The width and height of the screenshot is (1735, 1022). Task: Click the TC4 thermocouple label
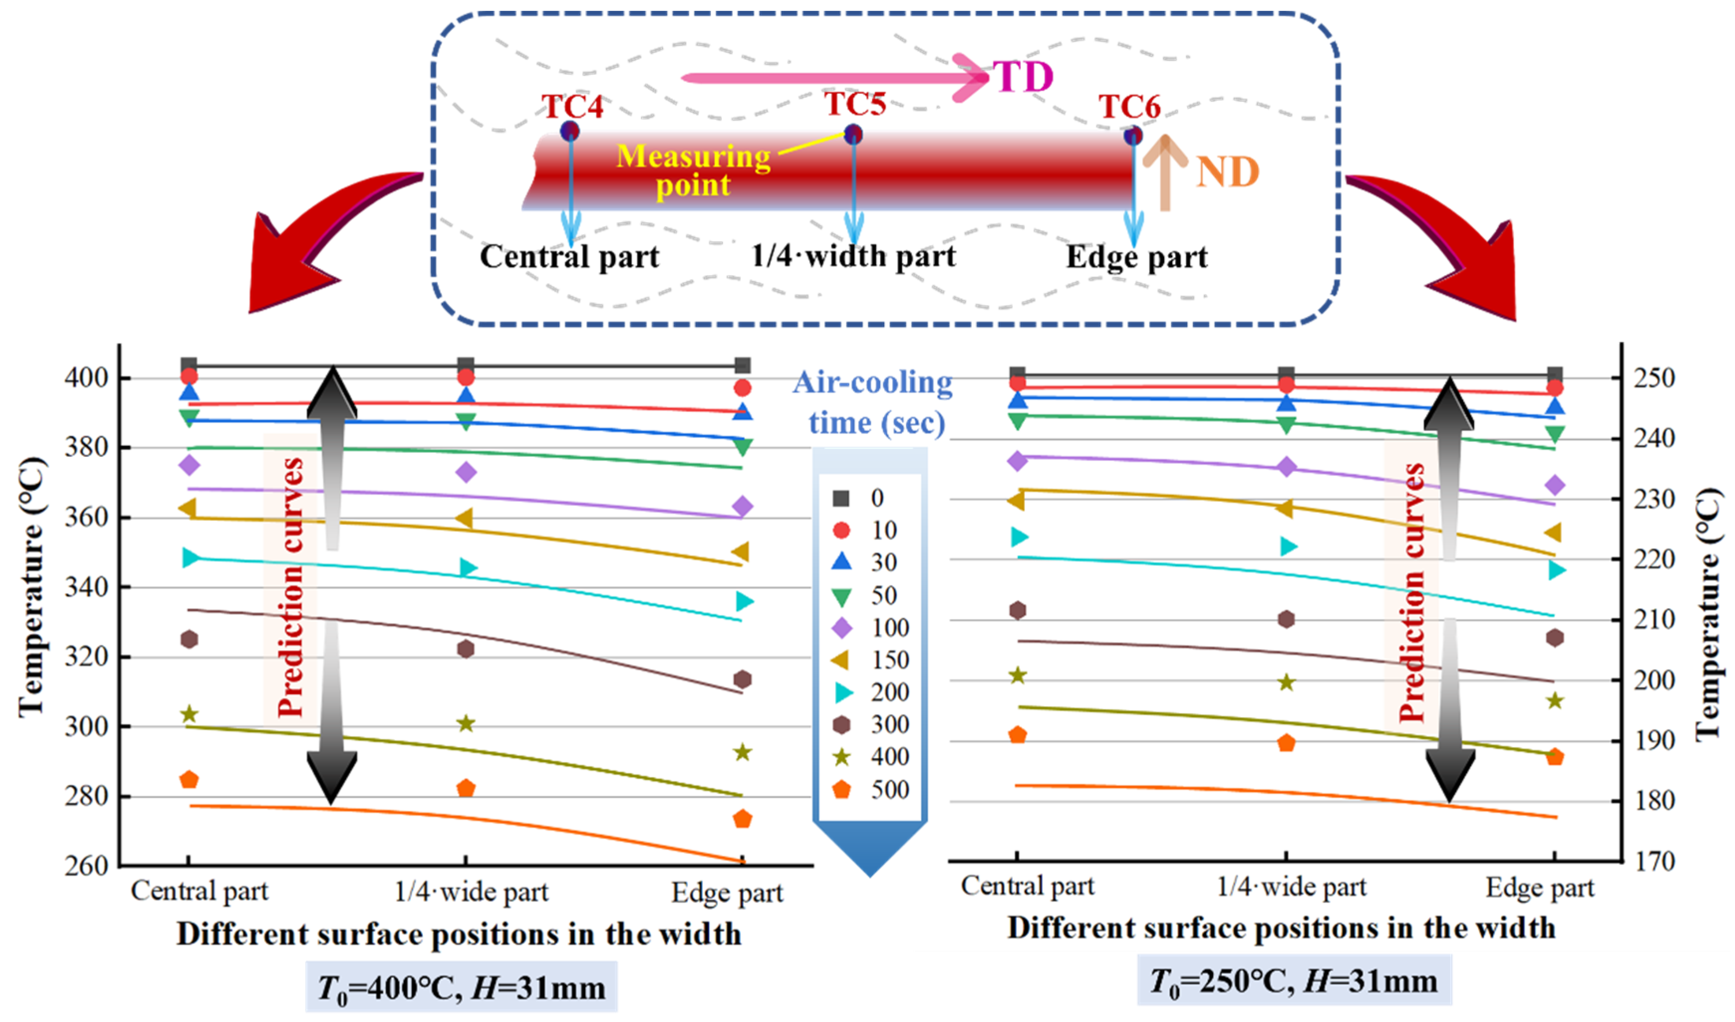572,107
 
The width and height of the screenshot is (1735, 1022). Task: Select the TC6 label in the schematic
1129,107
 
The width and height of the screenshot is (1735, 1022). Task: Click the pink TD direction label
1023,76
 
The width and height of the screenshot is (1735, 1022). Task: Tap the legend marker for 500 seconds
841,790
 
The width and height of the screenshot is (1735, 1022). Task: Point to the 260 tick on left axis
87,866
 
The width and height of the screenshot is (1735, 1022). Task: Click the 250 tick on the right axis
1654,378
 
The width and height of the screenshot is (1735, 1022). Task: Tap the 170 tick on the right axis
1654,862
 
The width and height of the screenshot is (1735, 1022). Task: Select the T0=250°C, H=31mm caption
1294,981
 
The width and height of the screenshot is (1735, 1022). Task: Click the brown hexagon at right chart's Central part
1018,610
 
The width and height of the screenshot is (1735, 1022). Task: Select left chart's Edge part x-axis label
727,893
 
